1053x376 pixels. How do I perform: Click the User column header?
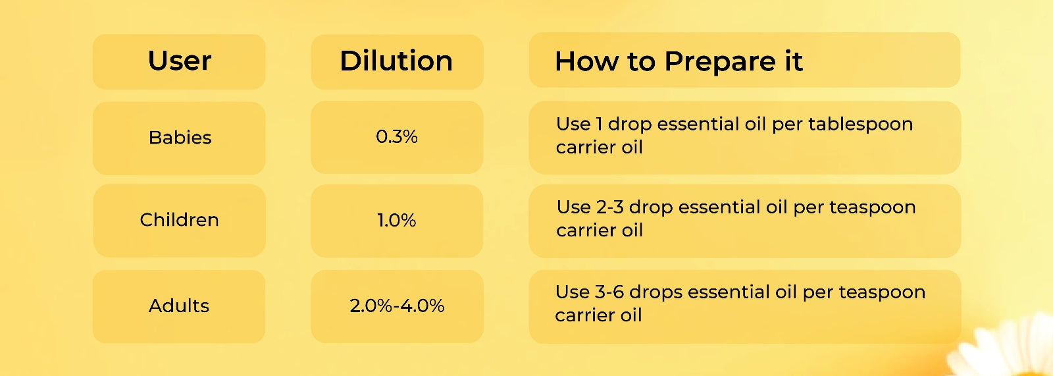pyautogui.click(x=180, y=61)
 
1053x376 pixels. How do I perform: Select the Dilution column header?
pyautogui.click(x=396, y=61)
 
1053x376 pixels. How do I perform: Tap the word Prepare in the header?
pyautogui.click(x=720, y=62)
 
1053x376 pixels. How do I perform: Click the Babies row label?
pyautogui.click(x=180, y=138)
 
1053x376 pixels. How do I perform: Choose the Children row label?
pyautogui.click(x=179, y=220)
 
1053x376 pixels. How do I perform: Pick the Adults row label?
pyautogui.click(x=178, y=306)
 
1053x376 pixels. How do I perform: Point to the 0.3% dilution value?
pyautogui.click(x=397, y=137)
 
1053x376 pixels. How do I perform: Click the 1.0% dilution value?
pyautogui.click(x=397, y=220)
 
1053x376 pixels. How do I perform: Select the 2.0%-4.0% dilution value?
pyautogui.click(x=397, y=306)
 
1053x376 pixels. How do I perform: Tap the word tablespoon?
pyautogui.click(x=861, y=124)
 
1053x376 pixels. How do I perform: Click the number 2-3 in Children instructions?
pyautogui.click(x=609, y=207)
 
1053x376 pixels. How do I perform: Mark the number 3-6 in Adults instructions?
pyautogui.click(x=609, y=292)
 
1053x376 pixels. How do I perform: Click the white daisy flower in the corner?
pyautogui.click(x=1011, y=350)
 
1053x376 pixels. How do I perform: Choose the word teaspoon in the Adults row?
pyautogui.click(x=883, y=294)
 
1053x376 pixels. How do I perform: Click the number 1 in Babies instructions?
pyautogui.click(x=599, y=124)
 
